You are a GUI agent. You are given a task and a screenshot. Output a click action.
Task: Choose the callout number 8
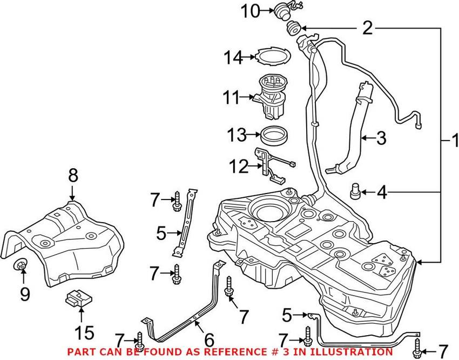(72, 176)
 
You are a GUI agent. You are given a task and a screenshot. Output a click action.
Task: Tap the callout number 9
(24, 294)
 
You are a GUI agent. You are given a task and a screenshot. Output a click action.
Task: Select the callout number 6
(208, 339)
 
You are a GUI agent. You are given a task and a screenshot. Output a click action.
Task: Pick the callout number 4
(382, 192)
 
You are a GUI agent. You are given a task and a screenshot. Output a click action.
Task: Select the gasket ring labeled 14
(273, 56)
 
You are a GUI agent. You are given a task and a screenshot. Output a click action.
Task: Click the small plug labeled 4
(355, 191)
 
